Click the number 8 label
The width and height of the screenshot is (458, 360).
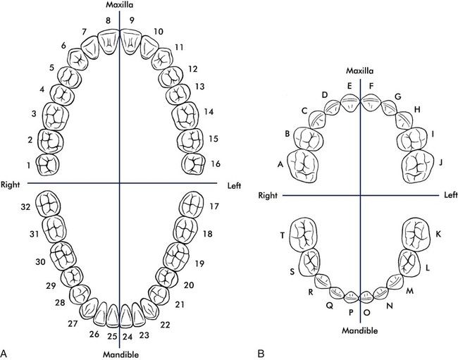pos(109,20)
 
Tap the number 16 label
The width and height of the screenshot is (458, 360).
pos(216,163)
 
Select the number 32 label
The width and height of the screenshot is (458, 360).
pos(25,206)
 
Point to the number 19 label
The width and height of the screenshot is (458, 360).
pos(199,263)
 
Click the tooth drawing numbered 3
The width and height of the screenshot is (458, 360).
pos(56,116)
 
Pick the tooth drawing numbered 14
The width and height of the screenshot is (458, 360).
pos(185,116)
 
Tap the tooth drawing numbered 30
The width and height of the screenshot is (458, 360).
pos(63,256)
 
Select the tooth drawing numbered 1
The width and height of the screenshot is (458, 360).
pos(48,165)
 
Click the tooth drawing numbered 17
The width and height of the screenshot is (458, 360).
pos(192,205)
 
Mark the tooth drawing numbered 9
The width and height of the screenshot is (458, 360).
pos(130,41)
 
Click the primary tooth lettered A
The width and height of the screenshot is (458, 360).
pos(303,166)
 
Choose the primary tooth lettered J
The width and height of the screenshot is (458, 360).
pos(418,166)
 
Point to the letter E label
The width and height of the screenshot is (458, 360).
pos(349,86)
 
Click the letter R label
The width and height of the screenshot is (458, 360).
pos(311,292)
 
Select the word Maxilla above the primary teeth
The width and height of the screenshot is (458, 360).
pos(360,70)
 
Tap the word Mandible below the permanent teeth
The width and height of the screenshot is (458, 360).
pos(121,355)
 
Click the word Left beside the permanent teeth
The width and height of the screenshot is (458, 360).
pos(234,185)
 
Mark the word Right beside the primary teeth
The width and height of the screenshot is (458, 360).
pos(268,195)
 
